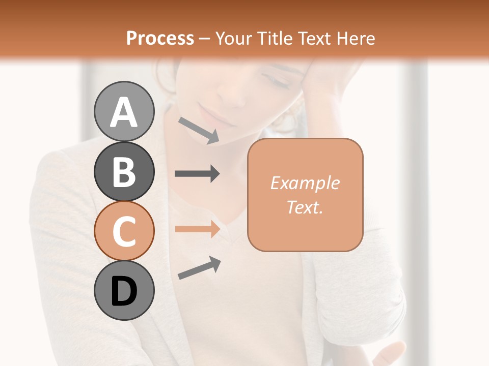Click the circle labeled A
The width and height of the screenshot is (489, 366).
(x=124, y=111)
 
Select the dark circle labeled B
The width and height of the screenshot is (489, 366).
(x=124, y=171)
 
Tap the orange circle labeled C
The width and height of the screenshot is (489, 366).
(x=124, y=231)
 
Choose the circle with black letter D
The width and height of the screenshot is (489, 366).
(x=124, y=291)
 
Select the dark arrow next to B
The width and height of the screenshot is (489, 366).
(x=197, y=174)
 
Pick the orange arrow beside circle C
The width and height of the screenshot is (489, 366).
(x=197, y=229)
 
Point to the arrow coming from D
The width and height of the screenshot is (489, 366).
(x=199, y=268)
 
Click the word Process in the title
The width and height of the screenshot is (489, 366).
(x=160, y=38)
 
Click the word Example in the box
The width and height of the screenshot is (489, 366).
(x=305, y=183)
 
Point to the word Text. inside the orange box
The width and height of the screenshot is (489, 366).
(x=305, y=207)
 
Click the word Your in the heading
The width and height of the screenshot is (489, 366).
(x=233, y=38)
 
